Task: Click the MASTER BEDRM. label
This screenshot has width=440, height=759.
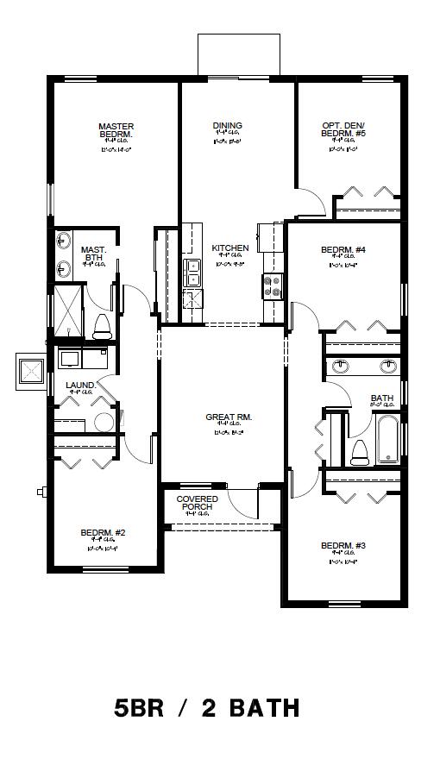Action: click(116, 131)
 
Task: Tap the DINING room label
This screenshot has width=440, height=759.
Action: click(228, 126)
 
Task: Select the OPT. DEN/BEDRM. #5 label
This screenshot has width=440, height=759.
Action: click(343, 130)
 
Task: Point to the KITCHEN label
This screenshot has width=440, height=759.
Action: click(230, 248)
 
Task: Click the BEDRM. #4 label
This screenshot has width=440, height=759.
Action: click(343, 250)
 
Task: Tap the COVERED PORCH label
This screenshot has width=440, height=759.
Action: click(198, 503)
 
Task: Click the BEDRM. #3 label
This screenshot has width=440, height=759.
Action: click(343, 546)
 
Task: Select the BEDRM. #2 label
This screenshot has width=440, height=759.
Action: click(104, 532)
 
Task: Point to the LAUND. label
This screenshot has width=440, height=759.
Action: click(80, 386)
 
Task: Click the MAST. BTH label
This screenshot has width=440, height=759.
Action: click(93, 254)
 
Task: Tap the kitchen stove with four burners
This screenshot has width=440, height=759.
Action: click(273, 285)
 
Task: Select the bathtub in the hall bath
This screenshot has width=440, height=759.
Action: click(388, 440)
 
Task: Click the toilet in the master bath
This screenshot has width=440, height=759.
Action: click(101, 325)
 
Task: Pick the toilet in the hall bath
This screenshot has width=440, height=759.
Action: click(359, 452)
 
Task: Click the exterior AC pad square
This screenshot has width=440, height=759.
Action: click(32, 371)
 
